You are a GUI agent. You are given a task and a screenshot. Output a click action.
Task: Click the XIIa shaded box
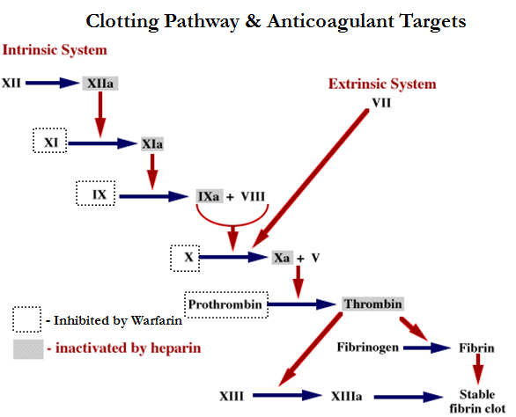coord(100,84)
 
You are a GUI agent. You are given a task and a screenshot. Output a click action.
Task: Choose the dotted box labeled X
coord(187,258)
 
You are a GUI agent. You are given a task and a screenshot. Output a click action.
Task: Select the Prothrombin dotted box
coord(225,304)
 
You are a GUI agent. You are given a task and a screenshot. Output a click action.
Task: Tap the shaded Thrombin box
coord(373,304)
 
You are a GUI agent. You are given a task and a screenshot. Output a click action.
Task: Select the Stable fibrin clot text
coord(476,401)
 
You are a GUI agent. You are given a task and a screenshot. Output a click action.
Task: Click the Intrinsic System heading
coord(54,50)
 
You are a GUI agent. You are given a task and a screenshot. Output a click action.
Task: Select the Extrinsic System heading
coord(382,84)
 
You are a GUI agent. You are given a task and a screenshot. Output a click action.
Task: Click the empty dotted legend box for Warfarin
coord(27,319)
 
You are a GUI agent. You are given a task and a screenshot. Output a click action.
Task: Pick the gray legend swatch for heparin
coord(27,348)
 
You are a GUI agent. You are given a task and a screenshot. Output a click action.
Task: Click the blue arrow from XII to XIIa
coord(52,84)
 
